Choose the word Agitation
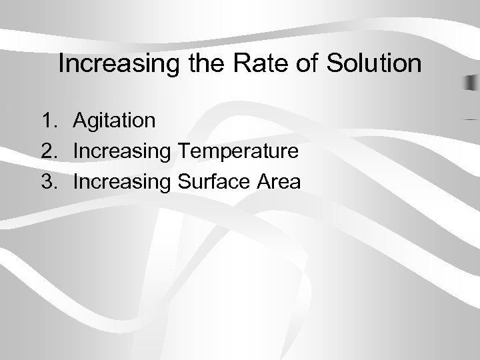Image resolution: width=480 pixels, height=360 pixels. pyautogui.click(x=115, y=121)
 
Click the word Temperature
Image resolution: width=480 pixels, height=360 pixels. pyautogui.click(x=237, y=151)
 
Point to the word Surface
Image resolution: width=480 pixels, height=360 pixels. pyautogui.click(x=212, y=181)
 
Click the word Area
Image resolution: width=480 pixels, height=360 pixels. pyautogui.click(x=279, y=181)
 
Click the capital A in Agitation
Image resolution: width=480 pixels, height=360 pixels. pyautogui.click(x=80, y=121)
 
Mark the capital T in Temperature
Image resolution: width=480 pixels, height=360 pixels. pyautogui.click(x=183, y=151)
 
